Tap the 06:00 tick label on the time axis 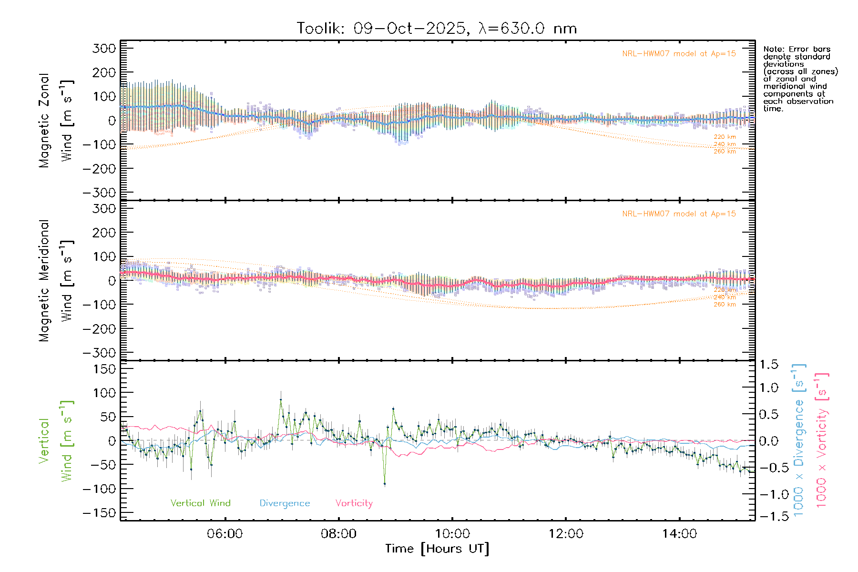click(225, 534)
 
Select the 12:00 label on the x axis click(566, 534)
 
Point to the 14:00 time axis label click(679, 534)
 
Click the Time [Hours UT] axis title click(437, 549)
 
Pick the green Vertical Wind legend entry click(200, 503)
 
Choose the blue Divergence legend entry click(285, 503)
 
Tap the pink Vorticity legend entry click(354, 503)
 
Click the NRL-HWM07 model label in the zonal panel click(679, 54)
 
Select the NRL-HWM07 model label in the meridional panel click(679, 214)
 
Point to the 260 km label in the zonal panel click(725, 152)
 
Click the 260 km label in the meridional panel click(725, 305)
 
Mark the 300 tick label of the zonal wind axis click(104, 48)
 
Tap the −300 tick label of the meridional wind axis click(99, 353)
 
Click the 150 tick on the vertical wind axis click(104, 369)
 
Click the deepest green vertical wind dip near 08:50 click(385, 484)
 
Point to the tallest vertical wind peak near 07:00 click(281, 400)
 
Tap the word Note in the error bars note click(773, 49)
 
